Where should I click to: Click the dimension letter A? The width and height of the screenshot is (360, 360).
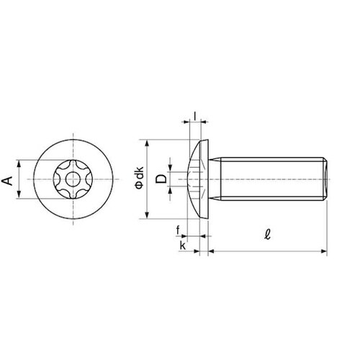[x=7, y=181]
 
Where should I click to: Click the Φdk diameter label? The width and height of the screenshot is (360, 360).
[x=140, y=177]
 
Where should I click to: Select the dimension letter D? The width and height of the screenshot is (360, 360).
[x=161, y=179]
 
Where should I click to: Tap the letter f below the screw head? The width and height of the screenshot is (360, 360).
[x=178, y=230]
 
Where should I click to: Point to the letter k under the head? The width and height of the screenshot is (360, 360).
[x=183, y=246]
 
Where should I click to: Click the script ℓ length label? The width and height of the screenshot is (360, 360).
[x=267, y=234]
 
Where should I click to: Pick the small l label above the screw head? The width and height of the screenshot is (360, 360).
[x=195, y=116]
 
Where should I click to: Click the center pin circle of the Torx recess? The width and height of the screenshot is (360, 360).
[x=73, y=179]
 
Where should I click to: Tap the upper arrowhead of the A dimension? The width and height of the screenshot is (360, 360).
[x=19, y=163]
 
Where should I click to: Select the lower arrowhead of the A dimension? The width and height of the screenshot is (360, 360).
[x=19, y=195]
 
